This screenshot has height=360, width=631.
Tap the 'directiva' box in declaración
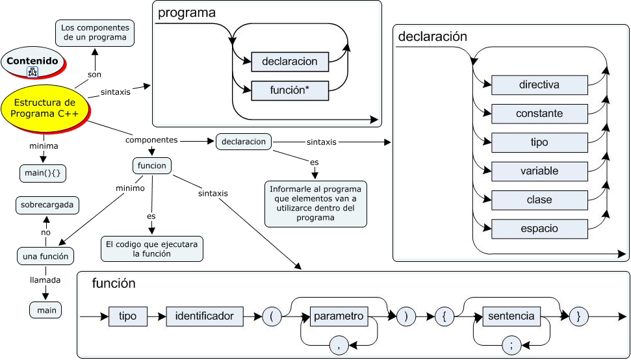point(539,84)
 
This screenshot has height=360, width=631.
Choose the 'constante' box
point(539,114)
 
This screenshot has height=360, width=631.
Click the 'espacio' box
point(539,229)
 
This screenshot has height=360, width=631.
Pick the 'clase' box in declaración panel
point(539,200)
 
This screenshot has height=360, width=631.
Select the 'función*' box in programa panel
point(290,90)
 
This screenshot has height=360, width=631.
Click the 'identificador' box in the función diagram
point(205,316)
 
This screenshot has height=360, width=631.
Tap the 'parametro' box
point(339,316)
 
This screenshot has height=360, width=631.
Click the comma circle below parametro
point(339,345)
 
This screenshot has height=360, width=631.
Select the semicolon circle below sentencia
point(511,345)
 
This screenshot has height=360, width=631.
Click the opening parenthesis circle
point(272,316)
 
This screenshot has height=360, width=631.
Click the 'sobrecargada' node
point(47,206)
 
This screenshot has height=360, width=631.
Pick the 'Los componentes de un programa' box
point(95,33)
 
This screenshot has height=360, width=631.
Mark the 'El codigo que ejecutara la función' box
point(151,250)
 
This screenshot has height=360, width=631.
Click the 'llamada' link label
point(45,280)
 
